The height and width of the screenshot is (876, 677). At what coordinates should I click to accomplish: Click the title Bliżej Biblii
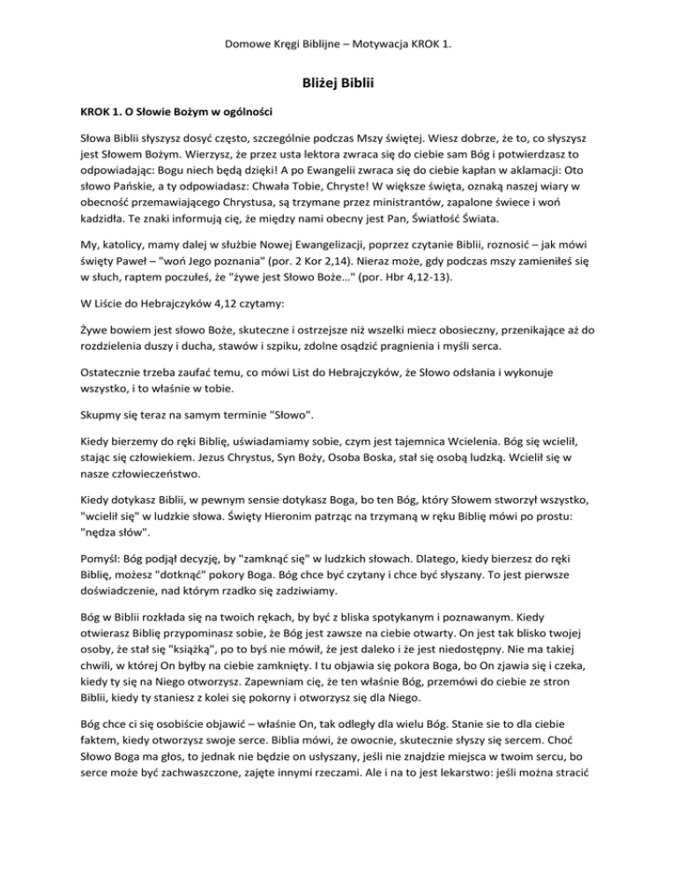338,85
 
